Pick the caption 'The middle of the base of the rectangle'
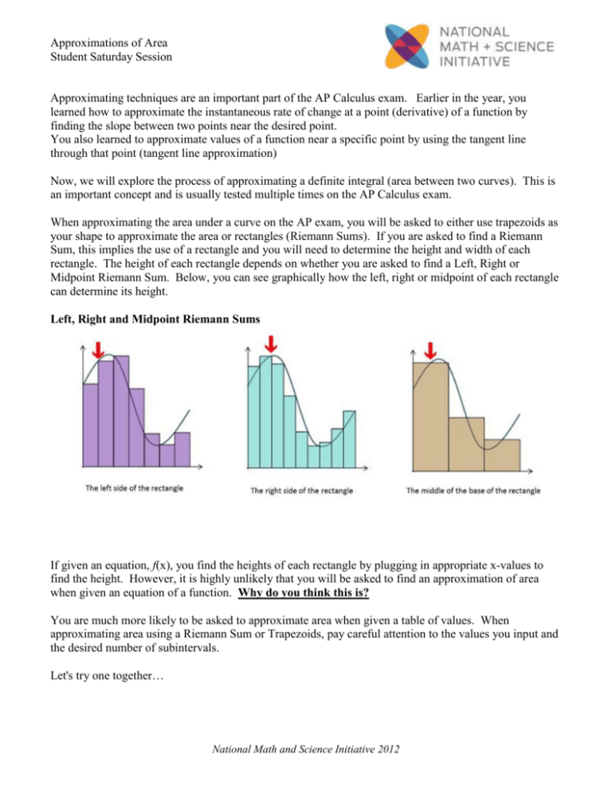pos(473,491)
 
